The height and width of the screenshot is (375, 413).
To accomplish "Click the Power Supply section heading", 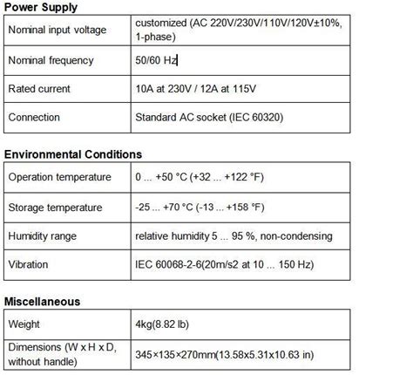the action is [41, 7].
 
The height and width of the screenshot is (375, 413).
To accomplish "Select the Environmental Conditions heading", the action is [73, 154].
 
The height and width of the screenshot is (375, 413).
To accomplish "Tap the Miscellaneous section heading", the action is [42, 302].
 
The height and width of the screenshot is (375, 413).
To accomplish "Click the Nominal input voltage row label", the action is [57, 31].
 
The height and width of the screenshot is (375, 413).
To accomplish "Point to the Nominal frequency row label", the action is [51, 61].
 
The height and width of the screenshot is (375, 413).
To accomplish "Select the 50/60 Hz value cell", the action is [157, 61].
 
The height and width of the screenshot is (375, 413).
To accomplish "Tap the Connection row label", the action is [34, 117].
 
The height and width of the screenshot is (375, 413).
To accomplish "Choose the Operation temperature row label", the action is [59, 177].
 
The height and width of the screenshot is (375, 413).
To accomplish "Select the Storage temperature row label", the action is [55, 208].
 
